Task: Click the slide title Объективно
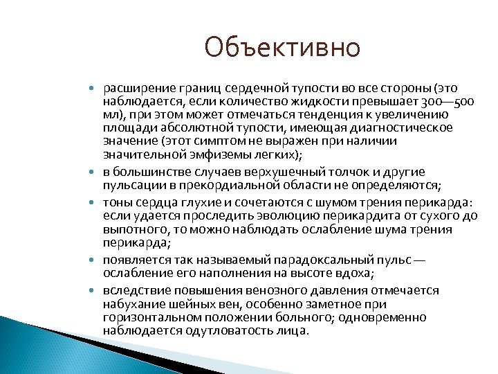tap(282, 48)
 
